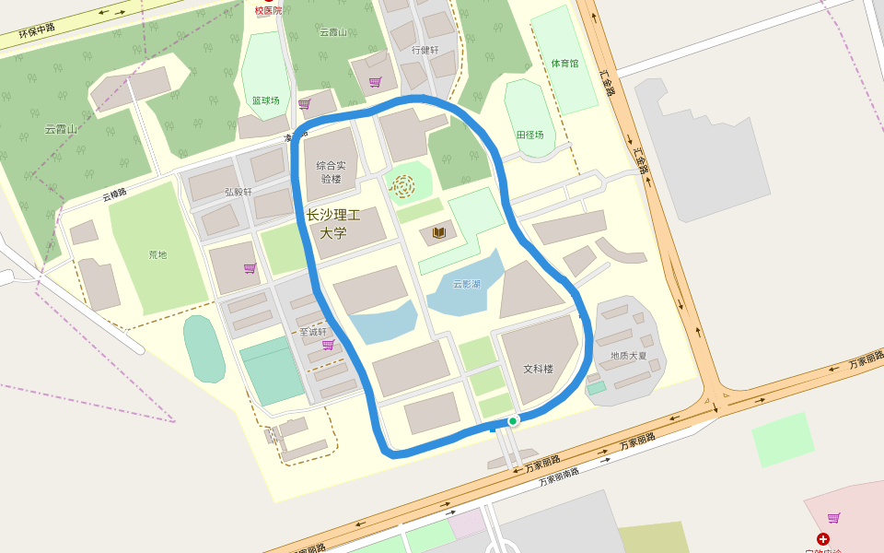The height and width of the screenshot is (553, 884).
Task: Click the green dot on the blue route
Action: (x=513, y=420)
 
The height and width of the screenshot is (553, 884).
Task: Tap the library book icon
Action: (x=439, y=233)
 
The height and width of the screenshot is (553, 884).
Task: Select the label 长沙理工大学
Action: (x=332, y=224)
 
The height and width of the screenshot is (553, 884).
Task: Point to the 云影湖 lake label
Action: (x=467, y=284)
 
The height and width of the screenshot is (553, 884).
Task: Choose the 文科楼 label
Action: (x=539, y=369)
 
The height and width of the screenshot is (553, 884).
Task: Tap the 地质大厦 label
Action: (x=628, y=355)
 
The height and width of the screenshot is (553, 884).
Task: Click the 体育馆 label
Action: (x=564, y=64)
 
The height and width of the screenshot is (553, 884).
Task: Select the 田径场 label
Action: (x=529, y=135)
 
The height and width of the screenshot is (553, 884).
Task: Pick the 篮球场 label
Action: (x=265, y=100)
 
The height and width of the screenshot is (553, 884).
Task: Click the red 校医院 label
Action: (x=270, y=10)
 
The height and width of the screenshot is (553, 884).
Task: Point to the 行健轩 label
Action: (x=425, y=50)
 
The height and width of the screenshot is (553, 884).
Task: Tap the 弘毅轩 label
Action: (x=238, y=193)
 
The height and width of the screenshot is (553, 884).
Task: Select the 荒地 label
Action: (x=158, y=254)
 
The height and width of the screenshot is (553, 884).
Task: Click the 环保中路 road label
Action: (x=37, y=34)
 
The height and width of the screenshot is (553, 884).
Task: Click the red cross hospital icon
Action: (x=822, y=538)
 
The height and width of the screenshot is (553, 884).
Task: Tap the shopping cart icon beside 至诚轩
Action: (x=328, y=345)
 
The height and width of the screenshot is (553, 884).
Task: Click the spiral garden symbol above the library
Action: (x=402, y=186)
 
